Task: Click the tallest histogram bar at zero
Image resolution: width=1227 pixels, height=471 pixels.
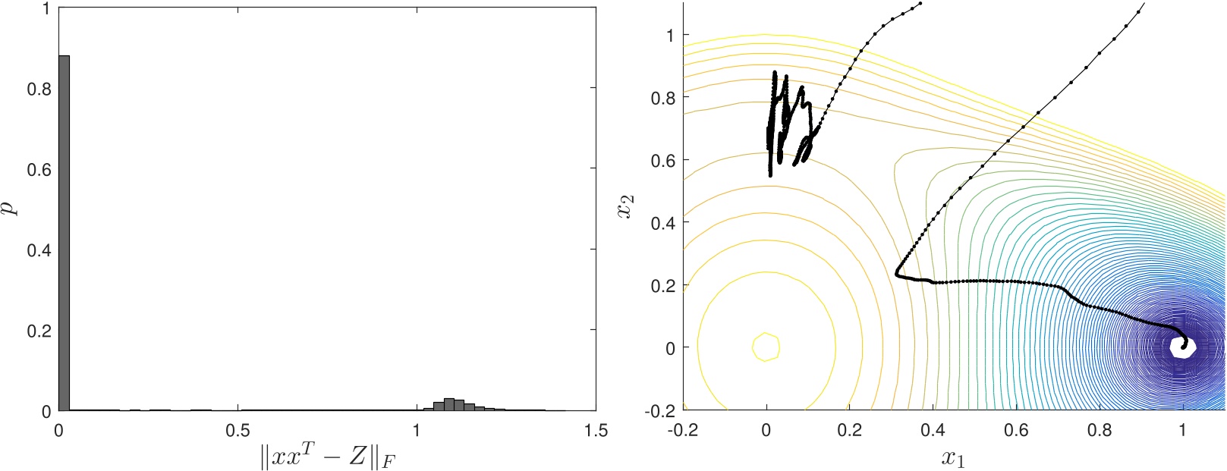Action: coord(64,228)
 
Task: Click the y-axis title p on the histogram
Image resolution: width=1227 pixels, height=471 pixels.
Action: coord(9,207)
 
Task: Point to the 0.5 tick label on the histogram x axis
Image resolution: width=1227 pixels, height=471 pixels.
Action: coord(238,431)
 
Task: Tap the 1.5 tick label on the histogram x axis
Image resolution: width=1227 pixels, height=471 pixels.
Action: coord(596,431)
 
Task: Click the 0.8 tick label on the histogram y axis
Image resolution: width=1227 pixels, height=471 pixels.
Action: coord(39,89)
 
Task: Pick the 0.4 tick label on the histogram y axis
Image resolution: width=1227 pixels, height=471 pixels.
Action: coord(39,250)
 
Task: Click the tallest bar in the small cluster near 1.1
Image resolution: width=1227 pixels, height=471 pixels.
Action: coord(448,404)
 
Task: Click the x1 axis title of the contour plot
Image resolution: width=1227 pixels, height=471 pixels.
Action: coord(953,458)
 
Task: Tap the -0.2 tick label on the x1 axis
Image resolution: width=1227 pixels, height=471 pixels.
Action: coord(682,431)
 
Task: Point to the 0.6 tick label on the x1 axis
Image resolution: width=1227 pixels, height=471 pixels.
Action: coord(1016,431)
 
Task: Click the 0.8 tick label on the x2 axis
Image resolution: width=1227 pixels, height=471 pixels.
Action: coord(664,98)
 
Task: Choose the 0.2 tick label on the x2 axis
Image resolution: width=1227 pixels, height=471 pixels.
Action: coord(664,285)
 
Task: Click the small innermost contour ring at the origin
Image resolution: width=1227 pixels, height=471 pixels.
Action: coord(766,347)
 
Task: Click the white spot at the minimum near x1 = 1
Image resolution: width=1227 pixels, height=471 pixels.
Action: coord(1182,347)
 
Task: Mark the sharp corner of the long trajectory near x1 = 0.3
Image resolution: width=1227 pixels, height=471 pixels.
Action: coord(897,273)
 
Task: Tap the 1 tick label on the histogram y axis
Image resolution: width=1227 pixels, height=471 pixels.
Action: coord(46,8)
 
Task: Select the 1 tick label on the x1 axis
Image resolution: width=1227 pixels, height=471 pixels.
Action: coord(1182,431)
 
